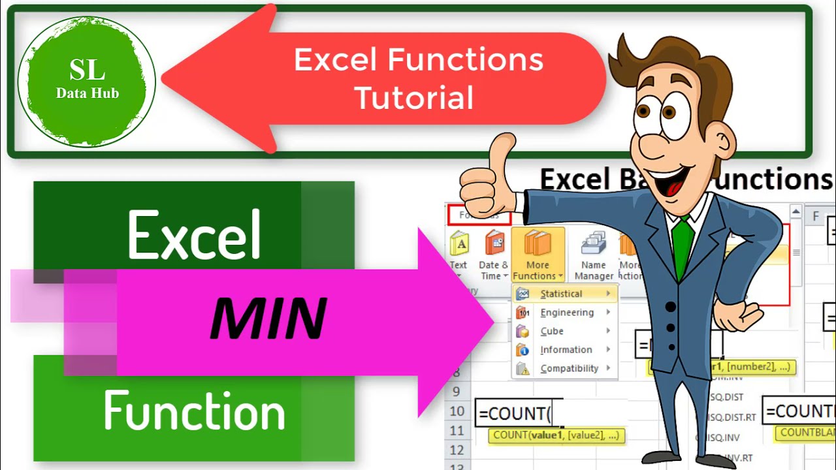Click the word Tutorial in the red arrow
coord(413,97)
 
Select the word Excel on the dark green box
coord(195,234)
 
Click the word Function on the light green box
coord(194,411)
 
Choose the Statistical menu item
coord(561,294)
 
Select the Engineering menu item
coord(567,313)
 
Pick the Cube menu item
coord(552,331)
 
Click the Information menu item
coord(566,350)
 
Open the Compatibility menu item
coord(569,368)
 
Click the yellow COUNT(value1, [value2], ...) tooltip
coord(556,435)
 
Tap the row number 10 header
coord(457,411)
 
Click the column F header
coord(815,216)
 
